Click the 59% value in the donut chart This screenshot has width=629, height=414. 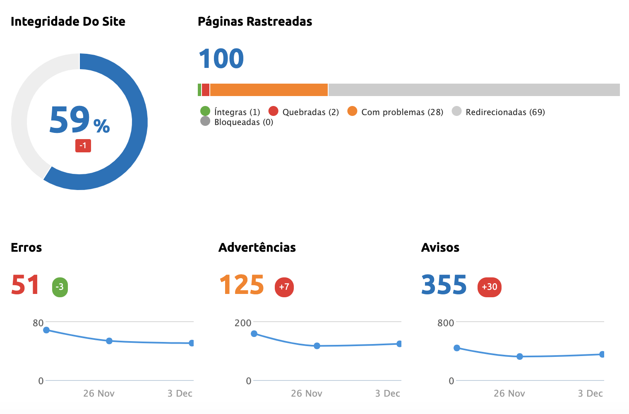79,120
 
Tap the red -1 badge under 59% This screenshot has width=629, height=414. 83,146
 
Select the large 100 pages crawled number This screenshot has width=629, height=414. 221,58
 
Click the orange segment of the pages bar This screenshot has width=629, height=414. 269,90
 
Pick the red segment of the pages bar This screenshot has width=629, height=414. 205,90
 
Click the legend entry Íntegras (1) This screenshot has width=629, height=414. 230,112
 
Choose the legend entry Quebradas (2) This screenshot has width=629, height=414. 304,112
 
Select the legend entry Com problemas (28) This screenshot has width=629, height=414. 395,112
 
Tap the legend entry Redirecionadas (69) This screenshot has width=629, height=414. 498,112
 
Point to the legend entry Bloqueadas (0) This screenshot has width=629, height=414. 237,122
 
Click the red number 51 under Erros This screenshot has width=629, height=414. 25,285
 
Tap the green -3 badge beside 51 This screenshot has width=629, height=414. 60,287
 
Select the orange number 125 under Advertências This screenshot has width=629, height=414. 241,285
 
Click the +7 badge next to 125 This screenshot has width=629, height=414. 284,287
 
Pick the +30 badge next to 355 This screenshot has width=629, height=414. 490,287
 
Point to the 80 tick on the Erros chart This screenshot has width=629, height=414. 38,323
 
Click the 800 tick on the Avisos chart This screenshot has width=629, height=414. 446,323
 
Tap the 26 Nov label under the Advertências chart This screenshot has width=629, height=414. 307,393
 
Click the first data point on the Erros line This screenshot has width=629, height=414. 46,330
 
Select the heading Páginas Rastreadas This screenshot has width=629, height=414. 255,22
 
